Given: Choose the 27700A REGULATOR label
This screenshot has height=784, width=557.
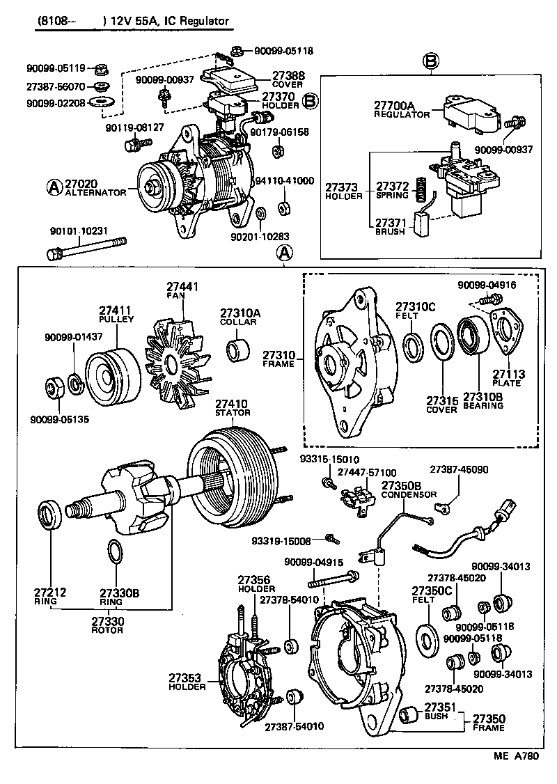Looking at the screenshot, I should (x=402, y=110).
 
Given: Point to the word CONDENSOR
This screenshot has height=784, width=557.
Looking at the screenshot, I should (x=409, y=494).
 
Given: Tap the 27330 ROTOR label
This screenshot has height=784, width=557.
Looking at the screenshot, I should (x=107, y=625).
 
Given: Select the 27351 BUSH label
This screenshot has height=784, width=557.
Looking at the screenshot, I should (x=439, y=712).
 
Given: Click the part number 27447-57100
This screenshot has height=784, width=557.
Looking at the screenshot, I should (x=366, y=472).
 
